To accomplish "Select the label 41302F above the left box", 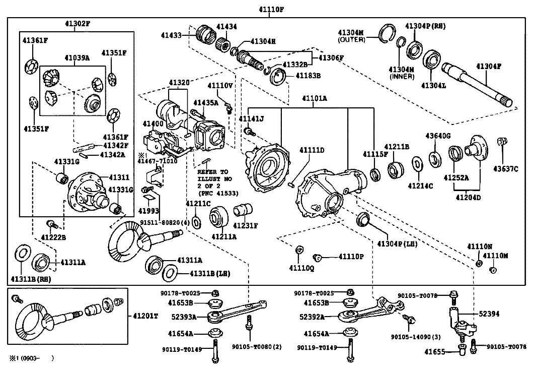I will pyautogui.click(x=77, y=24).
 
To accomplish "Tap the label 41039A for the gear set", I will pyautogui.click(x=77, y=58).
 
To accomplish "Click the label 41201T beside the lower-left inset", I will pyautogui.click(x=145, y=316).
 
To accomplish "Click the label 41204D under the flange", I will pyautogui.click(x=468, y=197).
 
